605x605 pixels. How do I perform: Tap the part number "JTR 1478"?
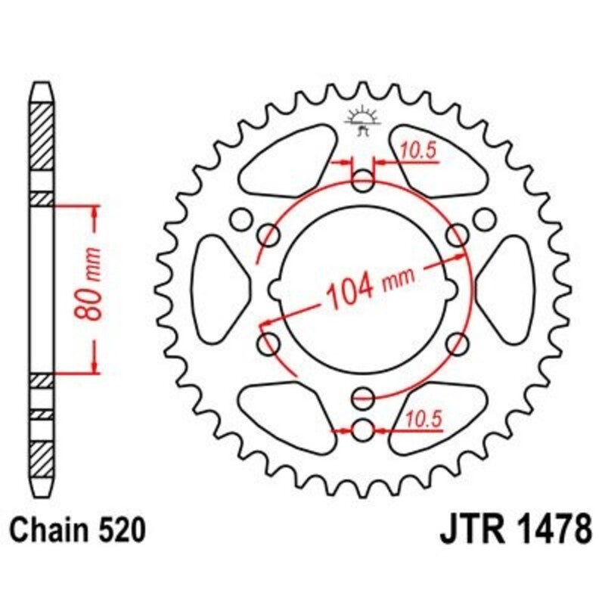coord(514,530)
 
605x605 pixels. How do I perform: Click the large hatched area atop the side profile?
coord(42,136)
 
